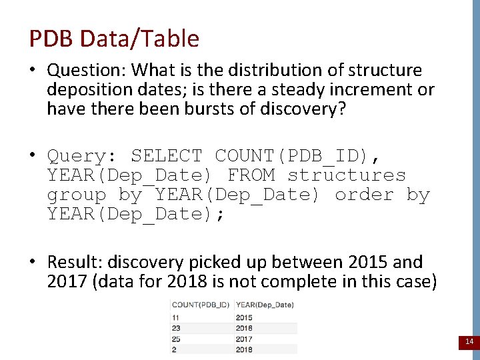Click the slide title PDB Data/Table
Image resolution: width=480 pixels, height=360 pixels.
click(x=114, y=39)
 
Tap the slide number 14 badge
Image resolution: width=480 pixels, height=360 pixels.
click(x=469, y=342)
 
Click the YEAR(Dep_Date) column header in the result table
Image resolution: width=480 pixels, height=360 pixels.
click(x=265, y=305)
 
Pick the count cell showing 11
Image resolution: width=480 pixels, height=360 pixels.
click(x=175, y=317)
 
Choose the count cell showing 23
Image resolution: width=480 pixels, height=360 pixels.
click(x=176, y=328)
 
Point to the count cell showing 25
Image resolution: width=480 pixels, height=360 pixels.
click(x=176, y=339)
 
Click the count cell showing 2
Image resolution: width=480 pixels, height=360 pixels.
click(x=174, y=349)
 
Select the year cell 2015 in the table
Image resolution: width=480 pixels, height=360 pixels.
click(x=244, y=317)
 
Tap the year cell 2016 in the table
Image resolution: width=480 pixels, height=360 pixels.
click(x=244, y=328)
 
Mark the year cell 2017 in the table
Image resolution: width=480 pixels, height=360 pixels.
click(x=244, y=339)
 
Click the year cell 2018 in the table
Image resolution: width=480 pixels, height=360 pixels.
click(x=244, y=349)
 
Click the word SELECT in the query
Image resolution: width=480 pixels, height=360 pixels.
click(x=166, y=157)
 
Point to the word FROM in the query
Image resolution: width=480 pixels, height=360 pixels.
click(x=251, y=176)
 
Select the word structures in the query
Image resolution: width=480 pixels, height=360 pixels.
click(x=347, y=176)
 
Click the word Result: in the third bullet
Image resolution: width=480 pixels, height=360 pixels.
click(x=75, y=262)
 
